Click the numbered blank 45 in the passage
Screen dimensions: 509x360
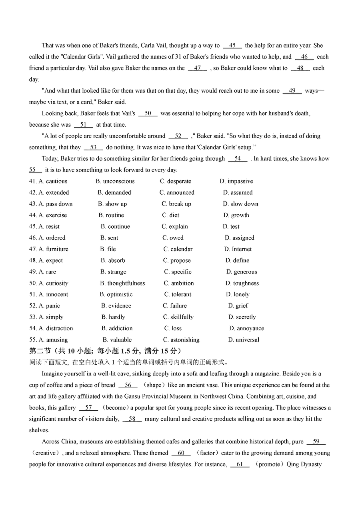(232, 46)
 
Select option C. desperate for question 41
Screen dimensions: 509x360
(176, 181)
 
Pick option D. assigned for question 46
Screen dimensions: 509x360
(239, 238)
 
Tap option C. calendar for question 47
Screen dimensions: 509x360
(178, 249)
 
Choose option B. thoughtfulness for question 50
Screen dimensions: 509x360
(122, 283)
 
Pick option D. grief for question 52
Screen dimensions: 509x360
(238, 306)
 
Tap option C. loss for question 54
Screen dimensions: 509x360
(173, 328)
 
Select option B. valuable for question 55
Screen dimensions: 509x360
(117, 340)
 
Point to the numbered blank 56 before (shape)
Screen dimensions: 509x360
(128, 385)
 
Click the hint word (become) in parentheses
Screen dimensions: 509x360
(116, 408)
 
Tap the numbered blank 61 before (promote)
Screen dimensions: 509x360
(240, 465)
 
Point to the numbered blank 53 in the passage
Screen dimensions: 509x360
(94, 148)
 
